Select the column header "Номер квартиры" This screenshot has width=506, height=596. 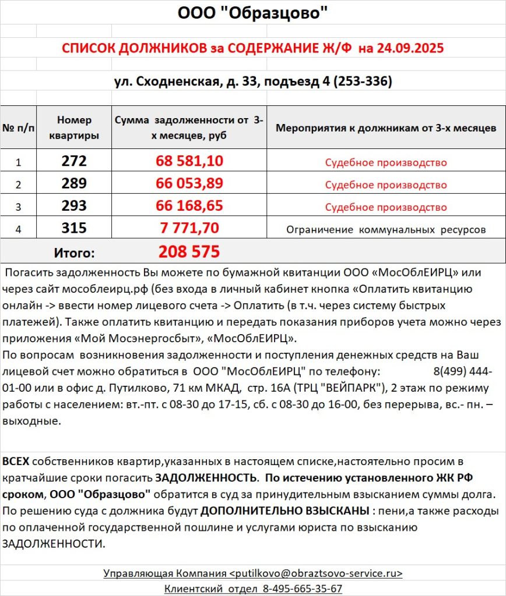point(74,127)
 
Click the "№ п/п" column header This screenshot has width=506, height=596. point(18,127)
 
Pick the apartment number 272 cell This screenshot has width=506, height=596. point(74,161)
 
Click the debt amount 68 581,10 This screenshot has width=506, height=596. point(189,161)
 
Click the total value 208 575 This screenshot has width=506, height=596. point(189,252)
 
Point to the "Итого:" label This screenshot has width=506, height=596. point(74,253)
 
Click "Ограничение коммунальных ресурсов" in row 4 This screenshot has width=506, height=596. point(386,230)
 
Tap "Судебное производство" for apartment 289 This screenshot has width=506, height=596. point(386,185)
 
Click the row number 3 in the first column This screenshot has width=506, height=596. point(18,207)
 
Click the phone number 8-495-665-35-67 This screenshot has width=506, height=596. point(303,588)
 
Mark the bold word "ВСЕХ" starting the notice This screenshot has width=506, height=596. point(16,462)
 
